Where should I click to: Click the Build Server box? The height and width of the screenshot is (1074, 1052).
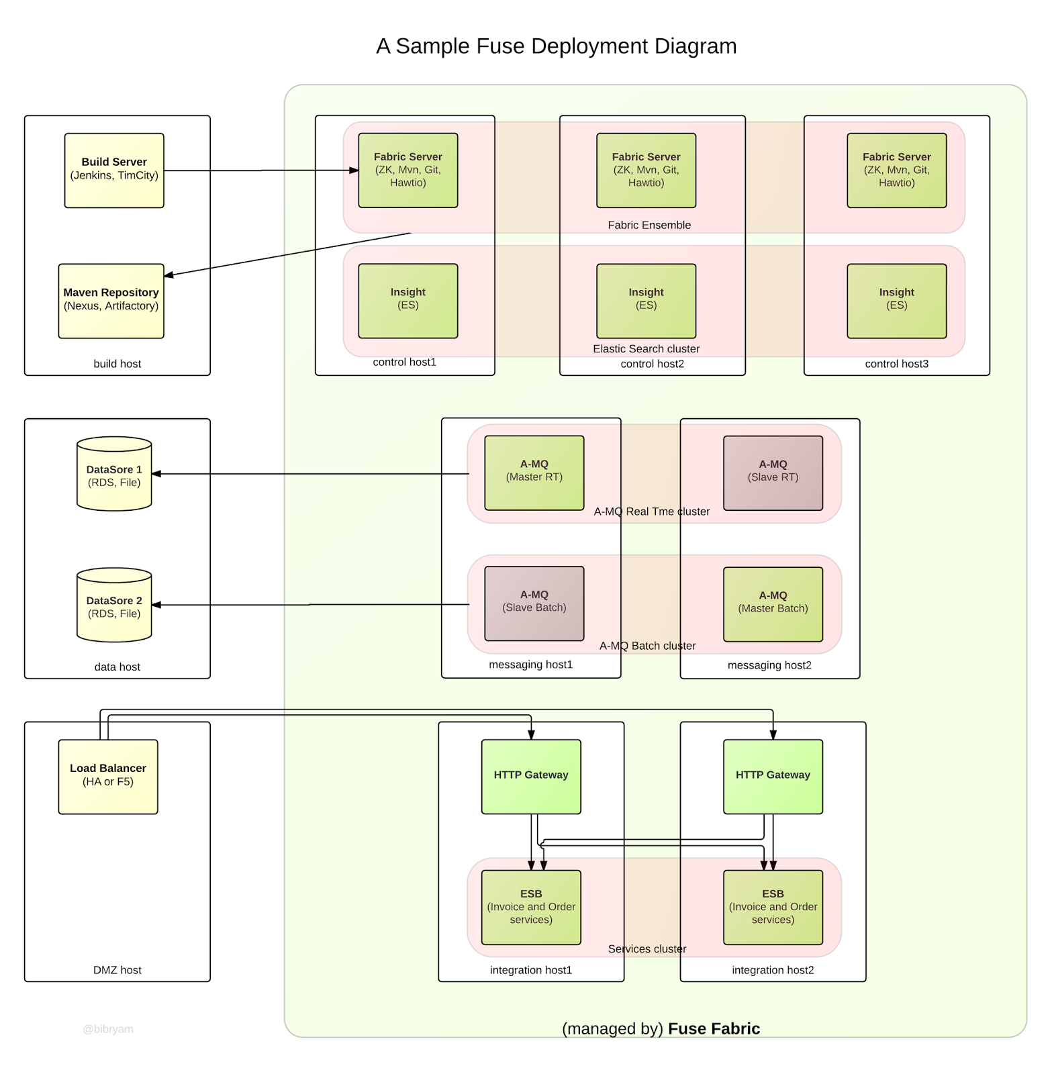pyautogui.click(x=114, y=170)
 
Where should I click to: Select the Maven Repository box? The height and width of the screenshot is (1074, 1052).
pyautogui.click(x=111, y=301)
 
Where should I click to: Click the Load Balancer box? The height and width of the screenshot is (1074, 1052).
pyautogui.click(x=108, y=777)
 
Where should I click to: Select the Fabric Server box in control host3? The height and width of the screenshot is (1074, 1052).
pyautogui.click(x=896, y=170)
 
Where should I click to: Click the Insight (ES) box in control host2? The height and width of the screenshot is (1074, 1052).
pyautogui.click(x=646, y=301)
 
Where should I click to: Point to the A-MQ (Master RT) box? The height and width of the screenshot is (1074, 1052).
pyautogui.click(x=534, y=473)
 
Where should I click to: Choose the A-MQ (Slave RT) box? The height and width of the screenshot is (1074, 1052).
pyautogui.click(x=773, y=473)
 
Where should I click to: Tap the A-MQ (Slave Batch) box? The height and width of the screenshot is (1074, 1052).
pyautogui.click(x=534, y=603)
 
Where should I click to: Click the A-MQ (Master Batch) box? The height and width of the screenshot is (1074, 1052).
pyautogui.click(x=773, y=604)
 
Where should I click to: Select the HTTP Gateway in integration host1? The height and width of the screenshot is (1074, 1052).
pyautogui.click(x=531, y=777)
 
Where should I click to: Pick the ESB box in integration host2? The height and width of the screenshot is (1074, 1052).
pyautogui.click(x=773, y=907)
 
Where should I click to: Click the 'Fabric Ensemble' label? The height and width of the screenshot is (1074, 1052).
pyautogui.click(x=649, y=225)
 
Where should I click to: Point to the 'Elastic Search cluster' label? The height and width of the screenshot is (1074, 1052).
pyautogui.click(x=646, y=348)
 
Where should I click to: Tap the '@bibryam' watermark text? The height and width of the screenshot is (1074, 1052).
pyautogui.click(x=108, y=1029)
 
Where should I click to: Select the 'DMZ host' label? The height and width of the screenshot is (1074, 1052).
pyautogui.click(x=117, y=970)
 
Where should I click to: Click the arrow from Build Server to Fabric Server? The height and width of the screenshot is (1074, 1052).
pyautogui.click(x=262, y=170)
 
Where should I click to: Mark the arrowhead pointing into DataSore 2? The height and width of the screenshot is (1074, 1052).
pyautogui.click(x=156, y=605)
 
